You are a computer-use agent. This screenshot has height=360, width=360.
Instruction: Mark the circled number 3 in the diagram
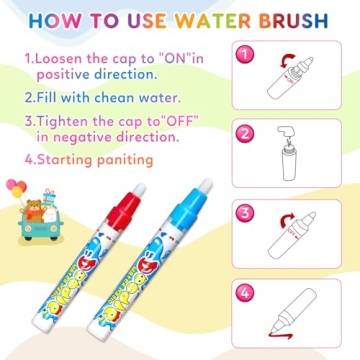click(x=242, y=212)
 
